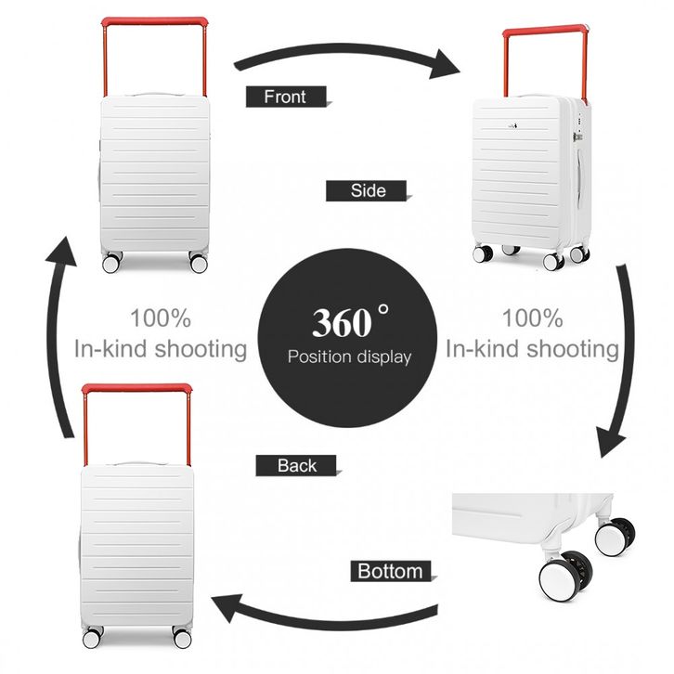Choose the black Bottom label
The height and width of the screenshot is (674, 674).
click(x=391, y=571)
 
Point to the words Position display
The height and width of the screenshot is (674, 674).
click(x=348, y=356)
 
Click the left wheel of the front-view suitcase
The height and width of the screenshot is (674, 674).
click(x=112, y=263)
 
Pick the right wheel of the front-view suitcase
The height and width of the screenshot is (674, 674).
click(x=198, y=263)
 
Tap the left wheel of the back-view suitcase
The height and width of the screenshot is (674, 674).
click(x=92, y=639)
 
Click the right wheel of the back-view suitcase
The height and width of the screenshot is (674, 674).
click(x=182, y=639)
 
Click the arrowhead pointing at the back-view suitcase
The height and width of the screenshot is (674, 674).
click(x=227, y=611)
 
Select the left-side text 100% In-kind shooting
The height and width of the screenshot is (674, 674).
click(x=161, y=334)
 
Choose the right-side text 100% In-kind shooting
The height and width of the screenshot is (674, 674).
click(x=532, y=334)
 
